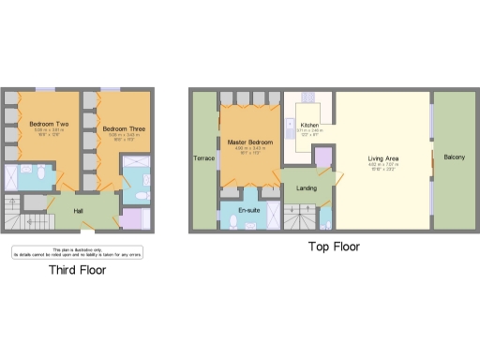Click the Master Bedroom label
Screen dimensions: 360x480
pos(248,142)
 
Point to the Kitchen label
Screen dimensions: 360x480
pos(309,125)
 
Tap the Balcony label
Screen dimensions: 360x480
pos(454,157)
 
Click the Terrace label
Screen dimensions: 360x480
pos(203,157)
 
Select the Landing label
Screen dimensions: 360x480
pos(306,188)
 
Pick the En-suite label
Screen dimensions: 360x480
pos(250,210)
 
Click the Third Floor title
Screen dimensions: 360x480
pos(77,270)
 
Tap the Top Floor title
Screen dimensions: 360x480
pos(334,247)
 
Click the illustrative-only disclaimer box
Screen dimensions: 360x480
pos(77,250)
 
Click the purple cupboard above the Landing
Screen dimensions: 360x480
pos(323,157)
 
